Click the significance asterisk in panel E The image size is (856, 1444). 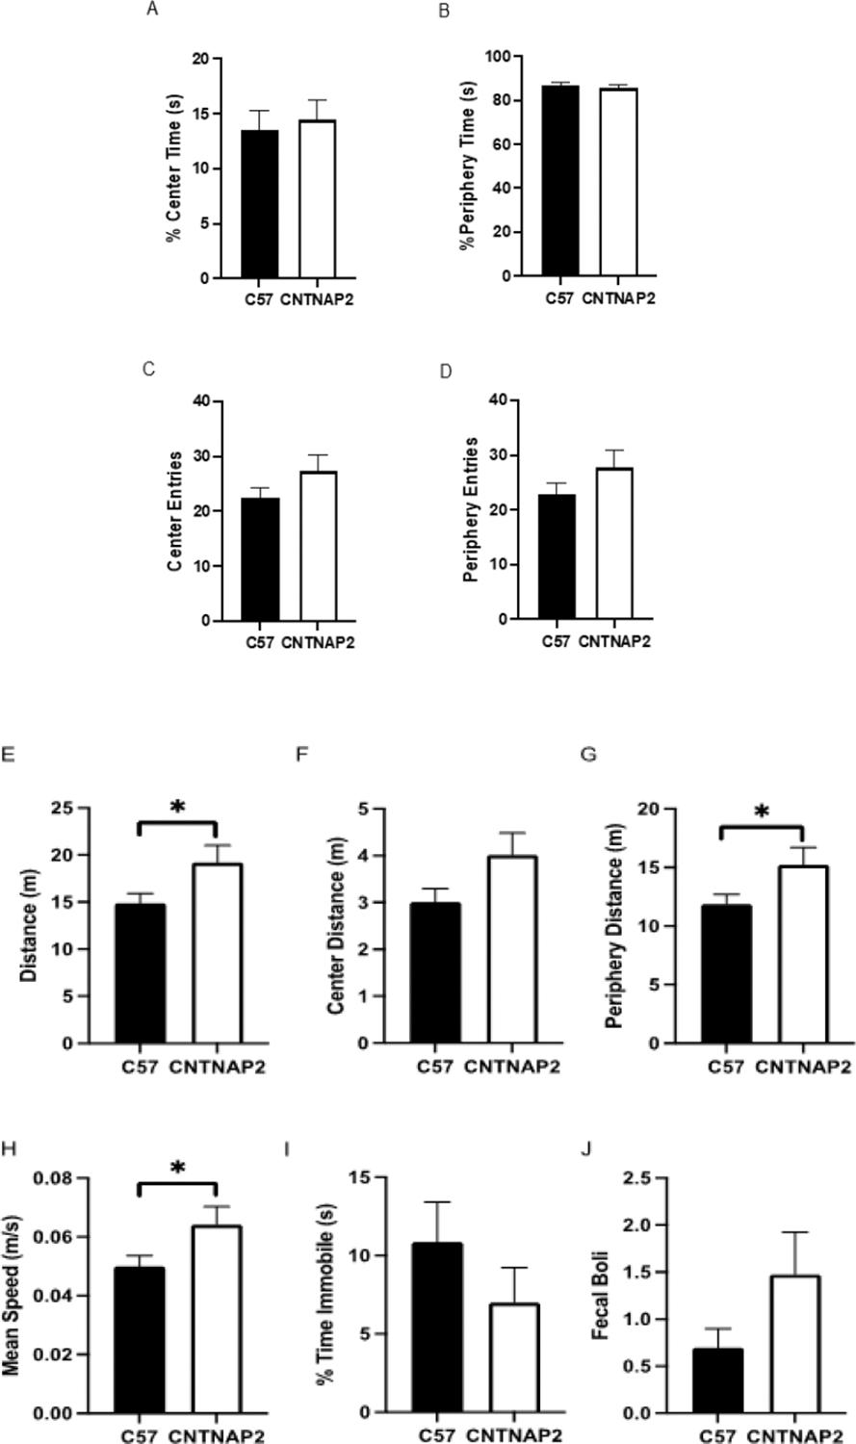[177, 807]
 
